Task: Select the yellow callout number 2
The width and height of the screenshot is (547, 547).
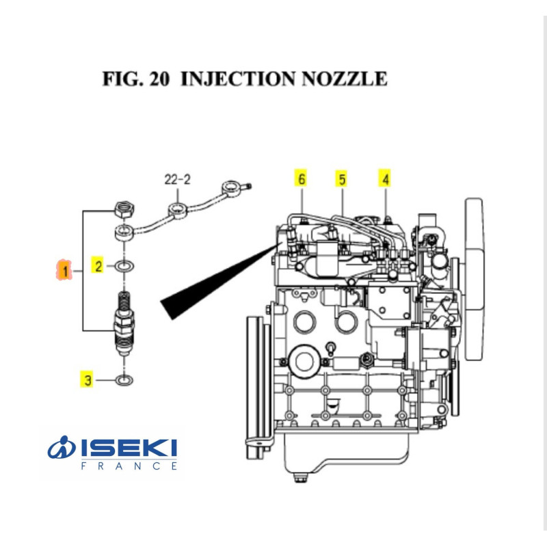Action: [99, 266]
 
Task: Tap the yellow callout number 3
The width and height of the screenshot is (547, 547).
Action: [87, 379]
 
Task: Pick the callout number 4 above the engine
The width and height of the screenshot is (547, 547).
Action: [386, 179]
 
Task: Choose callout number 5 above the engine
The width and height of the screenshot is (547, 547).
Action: [341, 179]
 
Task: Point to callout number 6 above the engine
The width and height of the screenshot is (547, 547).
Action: [300, 179]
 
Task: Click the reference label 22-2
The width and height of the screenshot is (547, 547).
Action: [177, 181]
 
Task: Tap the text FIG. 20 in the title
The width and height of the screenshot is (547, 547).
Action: [137, 79]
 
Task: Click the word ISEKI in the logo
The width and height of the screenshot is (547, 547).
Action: [129, 449]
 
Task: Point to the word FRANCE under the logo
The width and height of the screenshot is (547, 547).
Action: [129, 466]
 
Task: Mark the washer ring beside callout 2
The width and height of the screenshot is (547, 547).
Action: [124, 266]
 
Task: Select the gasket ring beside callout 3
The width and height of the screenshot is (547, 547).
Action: [124, 379]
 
